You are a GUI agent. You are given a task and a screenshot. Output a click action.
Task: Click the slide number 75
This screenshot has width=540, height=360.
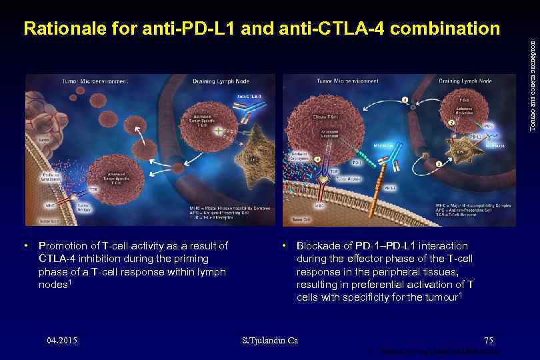[489, 341]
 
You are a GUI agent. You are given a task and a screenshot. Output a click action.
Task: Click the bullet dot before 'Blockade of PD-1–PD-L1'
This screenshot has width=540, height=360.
[284, 246]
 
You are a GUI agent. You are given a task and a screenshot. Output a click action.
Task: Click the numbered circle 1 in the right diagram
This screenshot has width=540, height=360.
[438, 163]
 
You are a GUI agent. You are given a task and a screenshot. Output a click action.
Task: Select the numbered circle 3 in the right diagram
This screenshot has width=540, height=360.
[404, 101]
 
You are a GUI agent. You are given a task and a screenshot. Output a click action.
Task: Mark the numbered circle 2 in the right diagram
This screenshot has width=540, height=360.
[451, 122]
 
